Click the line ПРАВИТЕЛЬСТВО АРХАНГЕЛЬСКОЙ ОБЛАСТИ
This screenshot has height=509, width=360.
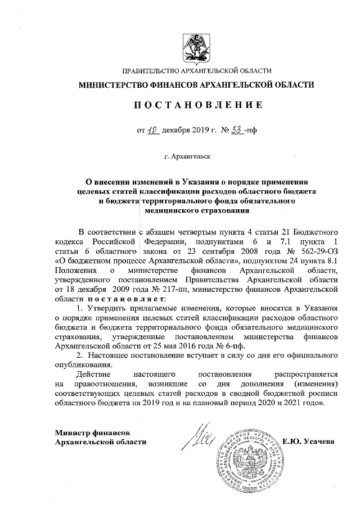pyautogui.click(x=196, y=70)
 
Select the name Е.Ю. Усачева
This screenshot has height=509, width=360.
pyautogui.click(x=310, y=442)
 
